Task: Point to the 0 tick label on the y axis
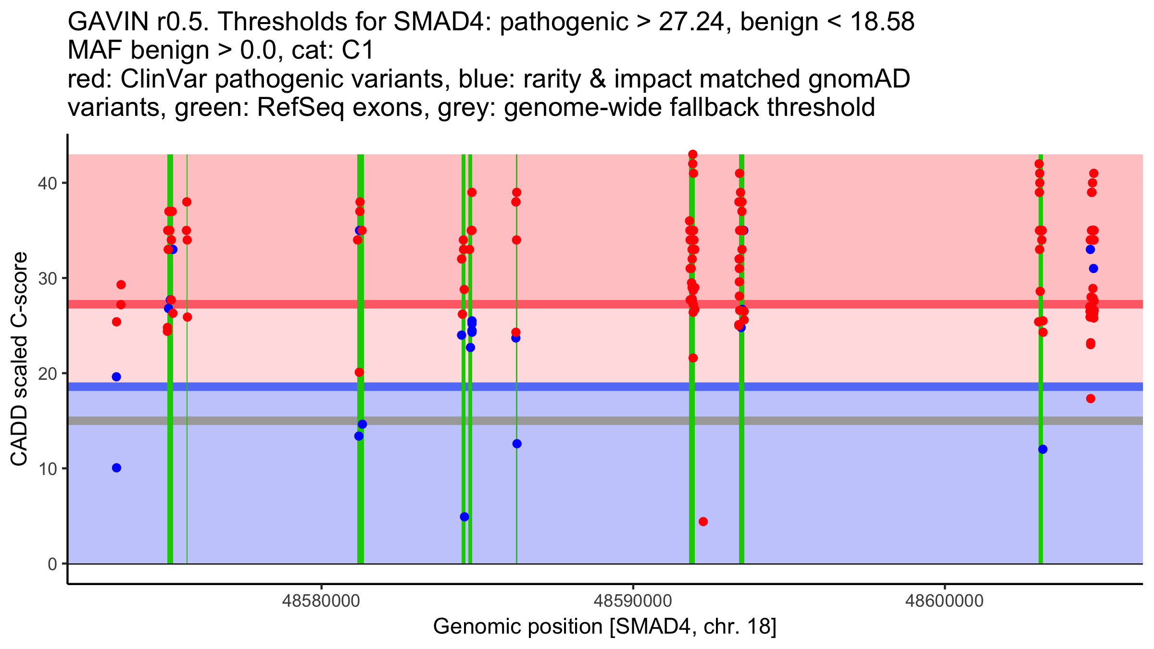click(52, 564)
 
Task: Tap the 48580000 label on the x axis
click(321, 601)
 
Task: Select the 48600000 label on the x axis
click(944, 601)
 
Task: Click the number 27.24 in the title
click(690, 22)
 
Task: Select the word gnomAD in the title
click(859, 79)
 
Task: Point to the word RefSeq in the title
click(301, 107)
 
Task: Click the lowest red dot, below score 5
click(703, 522)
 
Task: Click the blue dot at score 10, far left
click(116, 468)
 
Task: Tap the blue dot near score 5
click(464, 517)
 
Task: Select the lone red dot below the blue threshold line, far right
click(1091, 399)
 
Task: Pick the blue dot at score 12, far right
click(1043, 449)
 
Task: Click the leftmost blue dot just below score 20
click(116, 377)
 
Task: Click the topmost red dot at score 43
click(693, 154)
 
